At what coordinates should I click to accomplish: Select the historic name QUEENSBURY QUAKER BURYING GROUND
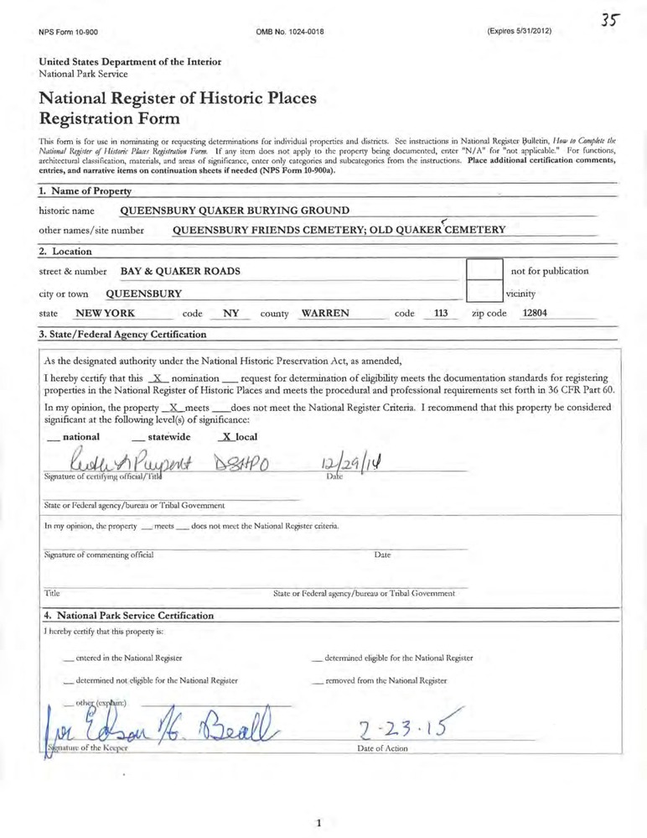[235, 210]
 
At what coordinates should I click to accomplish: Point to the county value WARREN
[325, 313]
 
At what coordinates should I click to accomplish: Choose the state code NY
[231, 313]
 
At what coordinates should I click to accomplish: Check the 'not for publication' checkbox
[484, 271]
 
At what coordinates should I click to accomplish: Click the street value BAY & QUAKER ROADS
[180, 271]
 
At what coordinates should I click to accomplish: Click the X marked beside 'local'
[222, 437]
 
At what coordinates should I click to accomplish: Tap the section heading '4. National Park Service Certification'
[128, 615]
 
